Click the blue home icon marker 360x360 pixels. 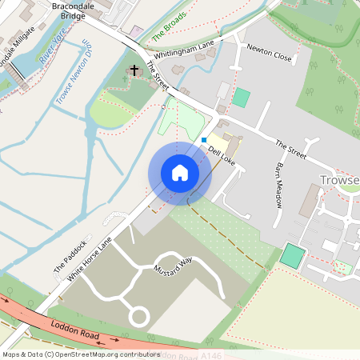tap(180, 173)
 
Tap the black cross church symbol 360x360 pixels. tap(134, 70)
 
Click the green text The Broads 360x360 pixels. tap(170, 26)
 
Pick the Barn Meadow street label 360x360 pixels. tap(279, 186)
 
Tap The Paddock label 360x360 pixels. tap(69, 258)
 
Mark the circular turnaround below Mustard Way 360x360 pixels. tap(138, 317)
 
